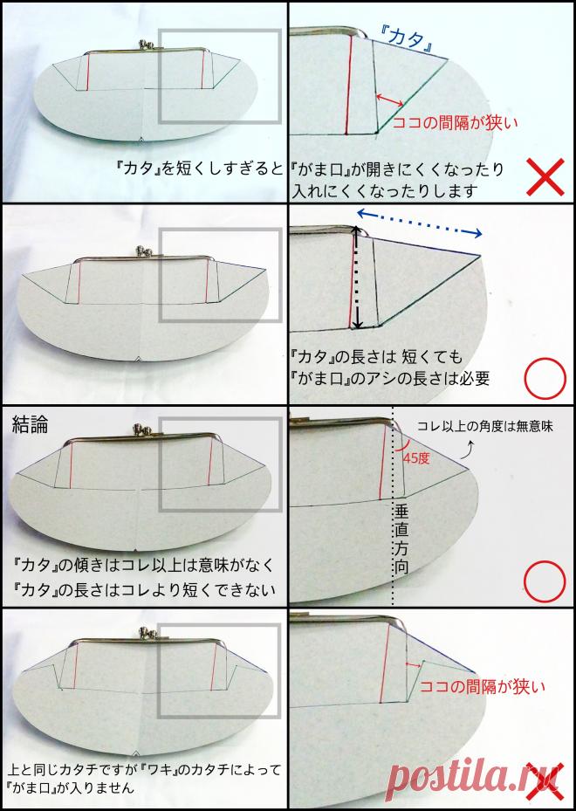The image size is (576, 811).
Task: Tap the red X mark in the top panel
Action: (545, 176)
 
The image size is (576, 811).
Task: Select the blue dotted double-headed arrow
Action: (419, 223)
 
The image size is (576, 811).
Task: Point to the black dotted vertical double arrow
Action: (356, 278)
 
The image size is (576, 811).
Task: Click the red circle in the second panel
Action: (545, 379)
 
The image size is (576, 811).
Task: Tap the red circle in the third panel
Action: (545, 581)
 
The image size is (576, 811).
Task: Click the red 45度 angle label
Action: (418, 457)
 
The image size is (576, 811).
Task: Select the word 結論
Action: (30, 423)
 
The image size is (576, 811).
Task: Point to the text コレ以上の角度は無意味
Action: (485, 427)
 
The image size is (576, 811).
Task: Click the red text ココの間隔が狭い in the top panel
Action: (455, 122)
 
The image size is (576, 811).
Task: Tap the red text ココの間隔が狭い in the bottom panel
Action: (482, 686)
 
